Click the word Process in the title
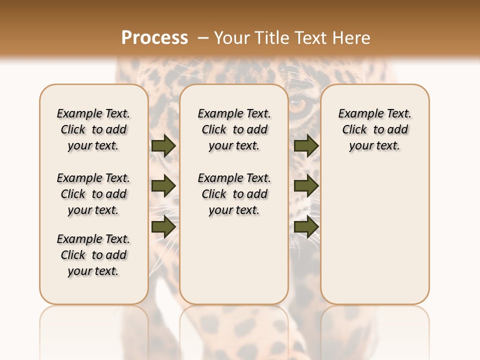[x=154, y=37]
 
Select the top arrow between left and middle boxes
[x=163, y=145]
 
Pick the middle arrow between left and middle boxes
[x=163, y=186]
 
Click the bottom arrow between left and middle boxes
[x=163, y=226]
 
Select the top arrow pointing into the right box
[x=306, y=145]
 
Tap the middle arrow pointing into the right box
[x=306, y=186]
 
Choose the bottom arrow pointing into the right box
[x=306, y=226]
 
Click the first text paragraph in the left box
[x=93, y=129]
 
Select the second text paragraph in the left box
[x=93, y=194]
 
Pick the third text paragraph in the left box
[x=93, y=255]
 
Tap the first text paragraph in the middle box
[x=234, y=129]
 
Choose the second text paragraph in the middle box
[x=234, y=194]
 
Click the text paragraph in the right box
[x=375, y=129]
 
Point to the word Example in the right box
[x=358, y=114]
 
